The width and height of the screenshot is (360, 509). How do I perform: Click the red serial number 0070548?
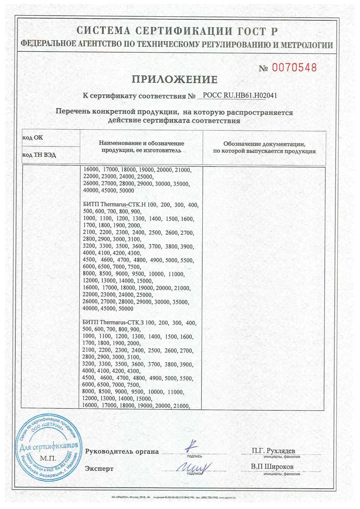click(x=294, y=68)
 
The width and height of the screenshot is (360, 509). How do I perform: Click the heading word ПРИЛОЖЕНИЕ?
click(x=174, y=79)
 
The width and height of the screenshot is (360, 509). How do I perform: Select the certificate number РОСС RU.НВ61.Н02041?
click(x=240, y=95)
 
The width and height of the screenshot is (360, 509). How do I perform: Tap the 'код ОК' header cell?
click(x=33, y=138)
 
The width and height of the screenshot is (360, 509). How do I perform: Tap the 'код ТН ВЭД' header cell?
click(x=39, y=155)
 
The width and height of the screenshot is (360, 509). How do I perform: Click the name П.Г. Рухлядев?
click(x=273, y=451)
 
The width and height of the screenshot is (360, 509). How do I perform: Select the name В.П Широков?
click(x=272, y=466)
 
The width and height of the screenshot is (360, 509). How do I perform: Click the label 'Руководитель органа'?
click(x=122, y=452)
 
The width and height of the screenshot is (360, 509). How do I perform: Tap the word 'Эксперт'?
click(x=99, y=469)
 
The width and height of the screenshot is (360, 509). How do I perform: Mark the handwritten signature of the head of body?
click(x=192, y=446)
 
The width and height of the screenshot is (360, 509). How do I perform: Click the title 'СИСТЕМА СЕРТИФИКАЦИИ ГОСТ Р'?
click(x=177, y=31)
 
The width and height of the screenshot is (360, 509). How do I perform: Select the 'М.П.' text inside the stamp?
click(x=48, y=458)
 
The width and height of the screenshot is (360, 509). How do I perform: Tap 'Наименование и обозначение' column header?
click(x=141, y=143)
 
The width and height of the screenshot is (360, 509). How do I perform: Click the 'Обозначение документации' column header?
click(x=264, y=144)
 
